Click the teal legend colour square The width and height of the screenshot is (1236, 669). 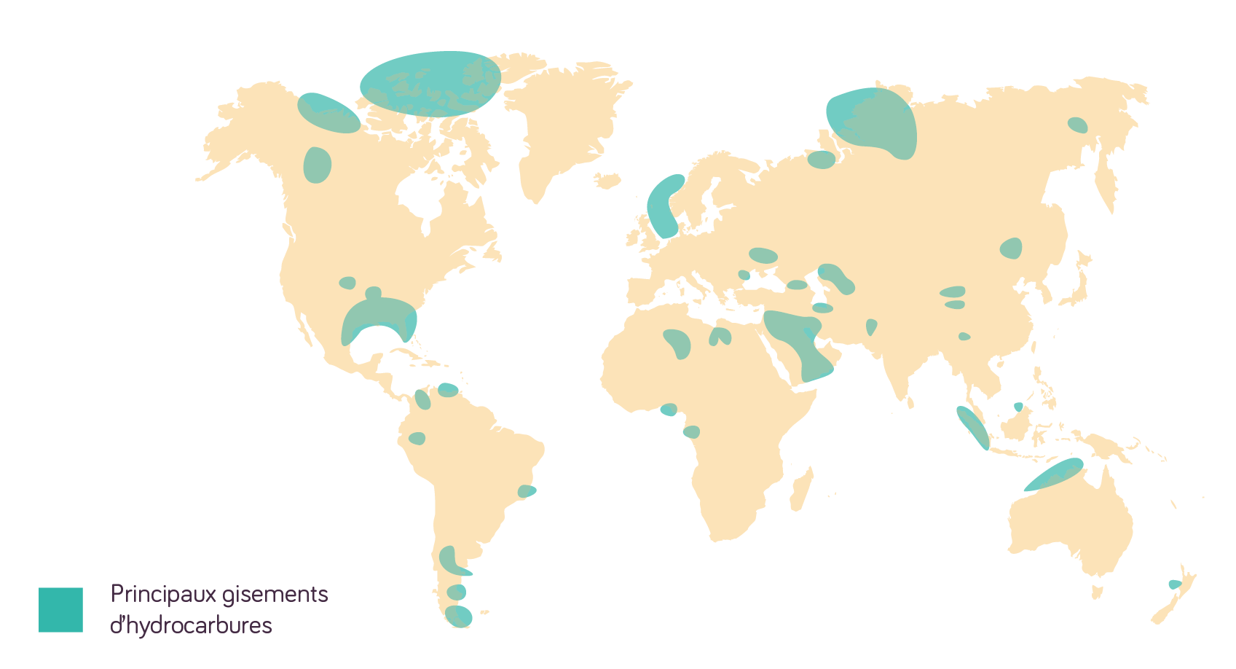click(60, 609)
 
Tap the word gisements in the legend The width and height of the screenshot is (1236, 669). click(275, 595)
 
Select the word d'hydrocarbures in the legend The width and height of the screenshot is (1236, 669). click(191, 625)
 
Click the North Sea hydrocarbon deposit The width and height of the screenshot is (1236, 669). click(664, 207)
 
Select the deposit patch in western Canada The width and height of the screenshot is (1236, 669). click(317, 165)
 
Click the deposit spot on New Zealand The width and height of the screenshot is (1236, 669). click(1173, 584)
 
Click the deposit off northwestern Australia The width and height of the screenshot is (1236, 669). click(1054, 474)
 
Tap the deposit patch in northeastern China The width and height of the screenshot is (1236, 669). click(1011, 248)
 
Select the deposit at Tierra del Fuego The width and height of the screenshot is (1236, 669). click(459, 616)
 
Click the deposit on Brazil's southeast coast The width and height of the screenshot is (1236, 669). click(527, 492)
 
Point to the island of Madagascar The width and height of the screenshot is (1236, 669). click(800, 488)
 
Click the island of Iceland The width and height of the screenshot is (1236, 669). click(606, 179)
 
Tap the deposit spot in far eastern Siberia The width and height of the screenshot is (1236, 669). click(1077, 125)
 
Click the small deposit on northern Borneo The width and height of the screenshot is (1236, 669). click(1018, 407)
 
